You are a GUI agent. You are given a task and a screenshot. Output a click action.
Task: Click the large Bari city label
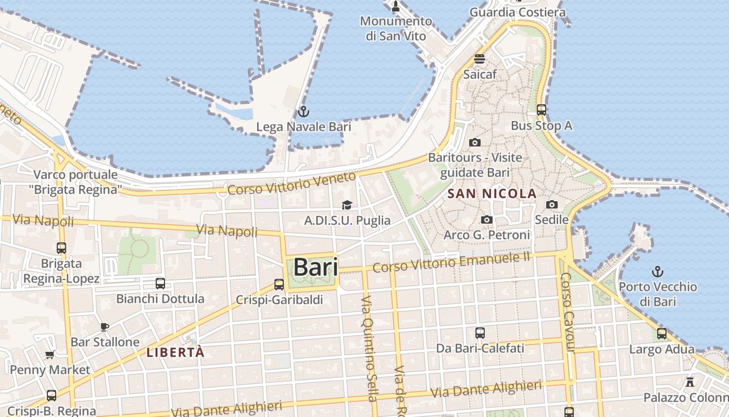(315, 267)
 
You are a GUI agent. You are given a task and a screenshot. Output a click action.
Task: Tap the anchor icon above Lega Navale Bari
(303, 112)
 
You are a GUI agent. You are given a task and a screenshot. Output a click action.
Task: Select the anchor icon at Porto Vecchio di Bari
(658, 272)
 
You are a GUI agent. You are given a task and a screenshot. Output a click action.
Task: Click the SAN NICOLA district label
(492, 194)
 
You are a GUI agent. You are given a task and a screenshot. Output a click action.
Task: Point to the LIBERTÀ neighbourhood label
(175, 352)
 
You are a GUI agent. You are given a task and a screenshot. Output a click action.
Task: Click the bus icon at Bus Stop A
(541, 110)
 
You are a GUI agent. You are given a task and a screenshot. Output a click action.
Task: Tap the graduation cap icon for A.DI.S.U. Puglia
(347, 205)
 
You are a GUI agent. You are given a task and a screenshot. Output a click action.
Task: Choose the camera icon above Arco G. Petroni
(487, 220)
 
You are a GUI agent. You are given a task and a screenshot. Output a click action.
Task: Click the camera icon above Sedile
(552, 205)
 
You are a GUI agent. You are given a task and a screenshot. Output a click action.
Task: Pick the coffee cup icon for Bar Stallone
(105, 327)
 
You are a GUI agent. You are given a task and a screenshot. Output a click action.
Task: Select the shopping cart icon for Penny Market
(50, 355)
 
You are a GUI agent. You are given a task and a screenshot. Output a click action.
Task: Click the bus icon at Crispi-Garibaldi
(279, 285)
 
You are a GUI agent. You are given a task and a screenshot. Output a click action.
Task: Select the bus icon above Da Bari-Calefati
(480, 333)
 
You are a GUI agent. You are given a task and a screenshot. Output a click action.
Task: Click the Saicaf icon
(479, 59)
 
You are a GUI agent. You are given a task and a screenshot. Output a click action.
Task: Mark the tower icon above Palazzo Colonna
(690, 382)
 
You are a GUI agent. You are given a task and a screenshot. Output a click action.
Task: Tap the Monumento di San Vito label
(396, 29)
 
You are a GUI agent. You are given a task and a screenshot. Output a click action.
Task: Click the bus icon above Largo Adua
(662, 334)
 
